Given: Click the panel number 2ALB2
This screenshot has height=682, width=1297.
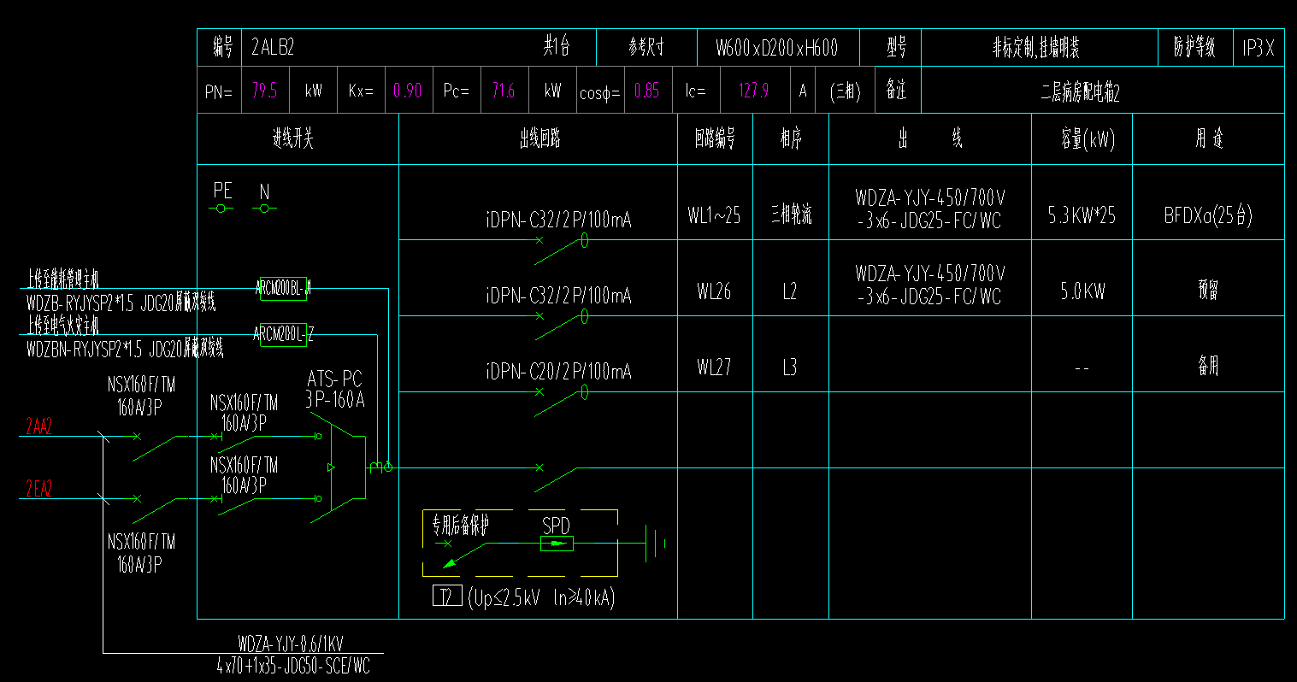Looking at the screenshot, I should (273, 48).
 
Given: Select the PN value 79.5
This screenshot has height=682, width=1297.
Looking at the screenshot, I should (264, 91).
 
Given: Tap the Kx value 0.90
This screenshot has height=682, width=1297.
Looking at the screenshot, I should (407, 91).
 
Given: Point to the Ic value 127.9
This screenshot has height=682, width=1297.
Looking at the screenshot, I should (753, 91).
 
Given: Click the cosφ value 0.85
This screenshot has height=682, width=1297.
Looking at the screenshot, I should (646, 91).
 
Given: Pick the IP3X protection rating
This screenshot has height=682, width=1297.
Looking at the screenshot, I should (1258, 49).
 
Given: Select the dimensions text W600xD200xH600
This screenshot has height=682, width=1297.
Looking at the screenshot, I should (776, 49).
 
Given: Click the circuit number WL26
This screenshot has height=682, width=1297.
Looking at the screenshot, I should (714, 291).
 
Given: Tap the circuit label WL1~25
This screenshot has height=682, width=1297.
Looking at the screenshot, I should (714, 215).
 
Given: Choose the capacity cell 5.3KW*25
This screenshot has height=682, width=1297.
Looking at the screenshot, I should (1082, 215).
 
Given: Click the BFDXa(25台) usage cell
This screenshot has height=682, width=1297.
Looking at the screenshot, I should (1207, 215).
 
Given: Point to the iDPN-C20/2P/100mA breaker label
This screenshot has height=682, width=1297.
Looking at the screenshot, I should (558, 371).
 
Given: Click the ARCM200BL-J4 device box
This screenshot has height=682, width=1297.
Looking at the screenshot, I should (283, 289).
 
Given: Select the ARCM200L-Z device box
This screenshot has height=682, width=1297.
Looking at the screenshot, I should (283, 335).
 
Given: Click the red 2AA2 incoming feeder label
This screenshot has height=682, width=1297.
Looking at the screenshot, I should (38, 426).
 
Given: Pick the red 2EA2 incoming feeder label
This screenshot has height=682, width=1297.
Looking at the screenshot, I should (38, 489).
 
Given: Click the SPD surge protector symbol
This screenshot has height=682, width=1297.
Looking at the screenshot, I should (557, 543).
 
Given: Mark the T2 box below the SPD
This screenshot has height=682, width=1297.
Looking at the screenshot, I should (447, 597).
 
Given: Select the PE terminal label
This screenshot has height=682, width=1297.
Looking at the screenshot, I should (222, 191).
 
